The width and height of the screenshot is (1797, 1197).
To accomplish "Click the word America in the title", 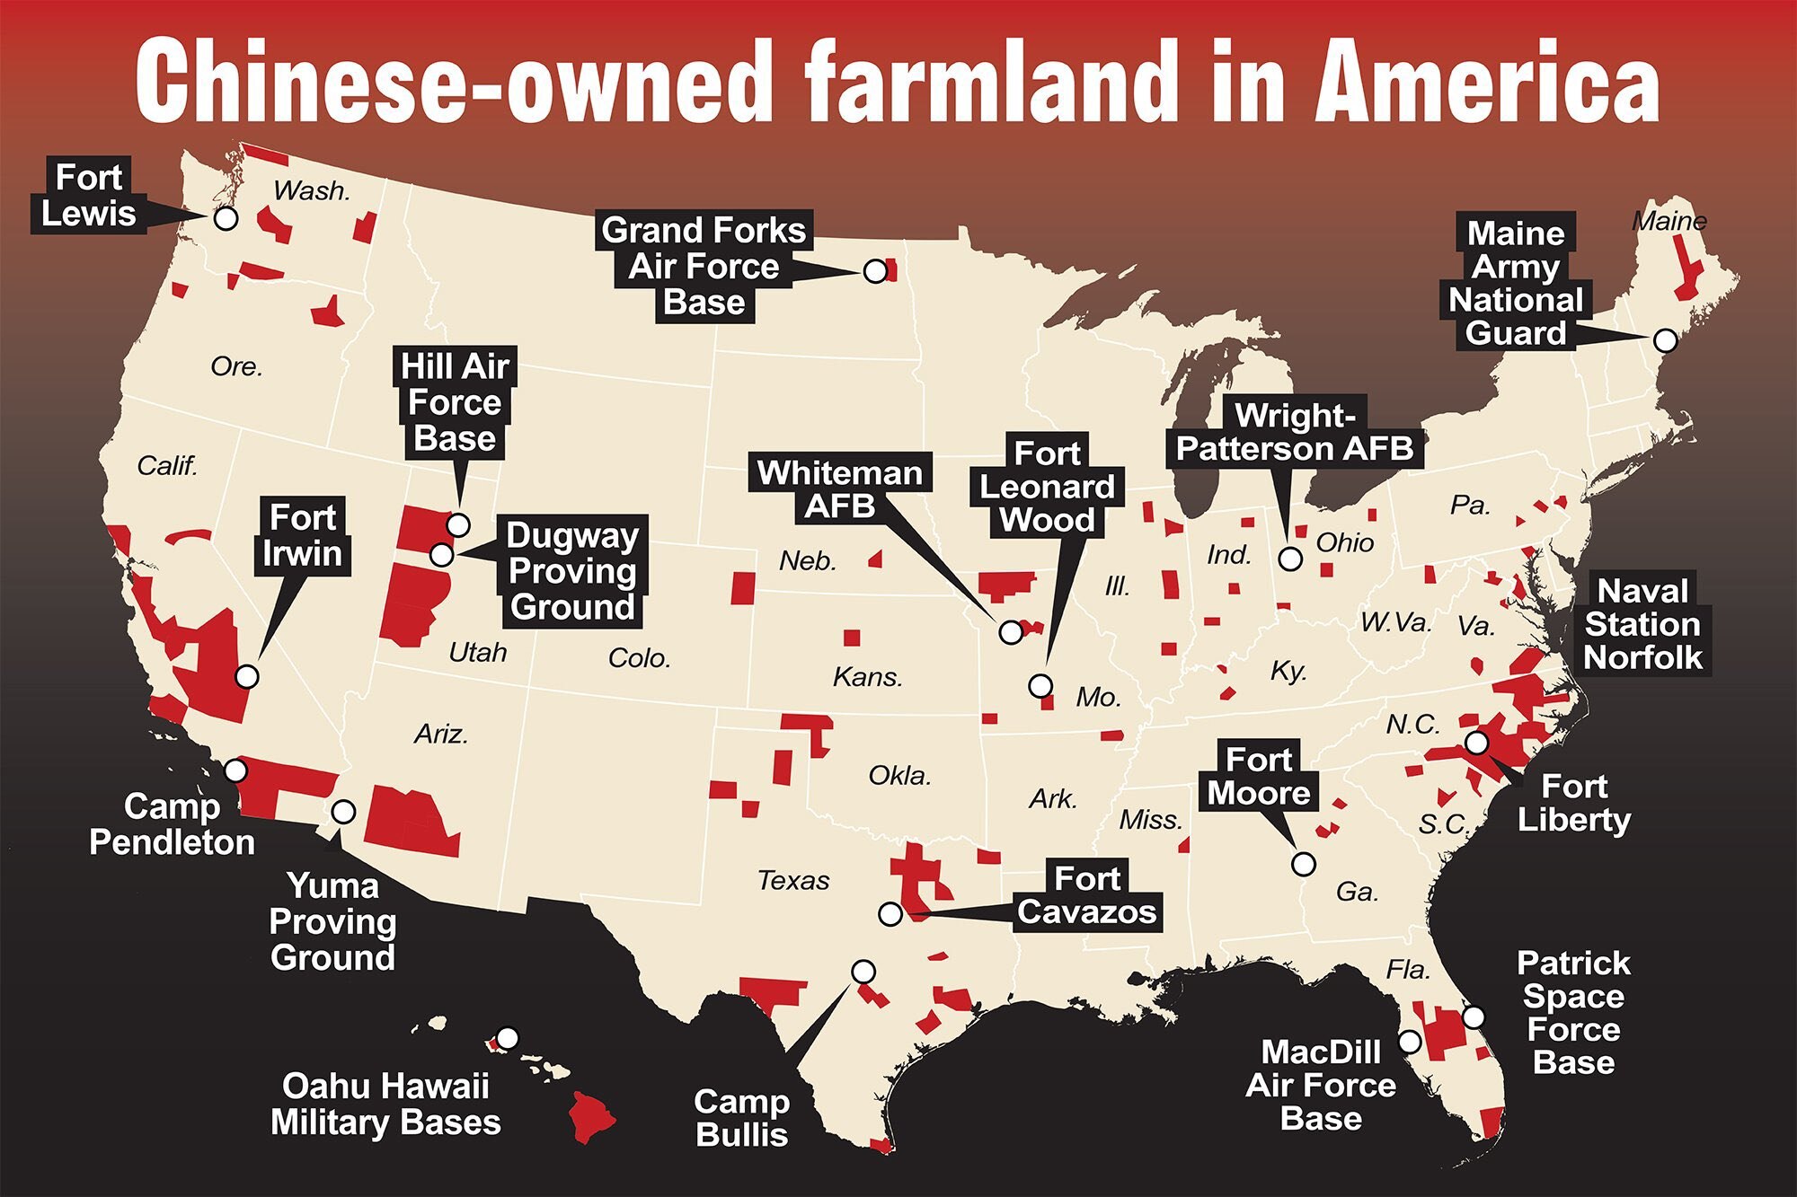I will click(x=1487, y=83).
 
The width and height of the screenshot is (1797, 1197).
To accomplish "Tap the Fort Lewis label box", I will click(x=88, y=197).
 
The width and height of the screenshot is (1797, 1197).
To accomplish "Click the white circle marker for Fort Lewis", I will click(x=226, y=217).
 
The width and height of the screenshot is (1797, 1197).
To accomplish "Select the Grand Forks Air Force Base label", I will click(x=704, y=267).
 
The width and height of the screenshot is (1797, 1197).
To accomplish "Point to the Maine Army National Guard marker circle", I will click(x=1665, y=340).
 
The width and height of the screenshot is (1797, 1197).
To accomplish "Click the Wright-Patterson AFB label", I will click(x=1295, y=433).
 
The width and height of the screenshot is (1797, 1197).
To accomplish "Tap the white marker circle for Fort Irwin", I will click(x=246, y=676).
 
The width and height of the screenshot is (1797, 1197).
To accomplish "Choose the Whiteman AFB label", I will click(x=840, y=489).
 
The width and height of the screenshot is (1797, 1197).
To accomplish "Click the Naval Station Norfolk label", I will click(x=1642, y=624).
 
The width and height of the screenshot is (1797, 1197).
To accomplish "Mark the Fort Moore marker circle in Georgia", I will click(x=1303, y=864).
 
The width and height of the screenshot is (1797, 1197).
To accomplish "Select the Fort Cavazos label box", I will click(x=1086, y=896).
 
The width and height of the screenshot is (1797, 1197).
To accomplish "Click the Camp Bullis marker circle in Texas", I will click(x=863, y=972).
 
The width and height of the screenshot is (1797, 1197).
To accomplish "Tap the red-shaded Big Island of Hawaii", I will click(x=591, y=1116).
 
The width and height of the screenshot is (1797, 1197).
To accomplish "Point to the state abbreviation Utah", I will click(x=477, y=653).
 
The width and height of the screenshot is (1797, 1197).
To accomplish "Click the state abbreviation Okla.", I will click(x=898, y=776).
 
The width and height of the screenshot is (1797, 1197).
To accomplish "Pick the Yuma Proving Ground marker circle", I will click(x=343, y=812).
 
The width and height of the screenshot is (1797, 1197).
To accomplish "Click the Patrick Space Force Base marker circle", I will click(x=1474, y=1017).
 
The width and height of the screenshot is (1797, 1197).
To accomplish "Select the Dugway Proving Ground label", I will click(x=571, y=572).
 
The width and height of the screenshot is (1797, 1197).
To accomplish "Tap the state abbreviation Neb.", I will click(x=807, y=561).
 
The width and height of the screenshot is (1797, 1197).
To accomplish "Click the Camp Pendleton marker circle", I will click(x=235, y=770).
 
